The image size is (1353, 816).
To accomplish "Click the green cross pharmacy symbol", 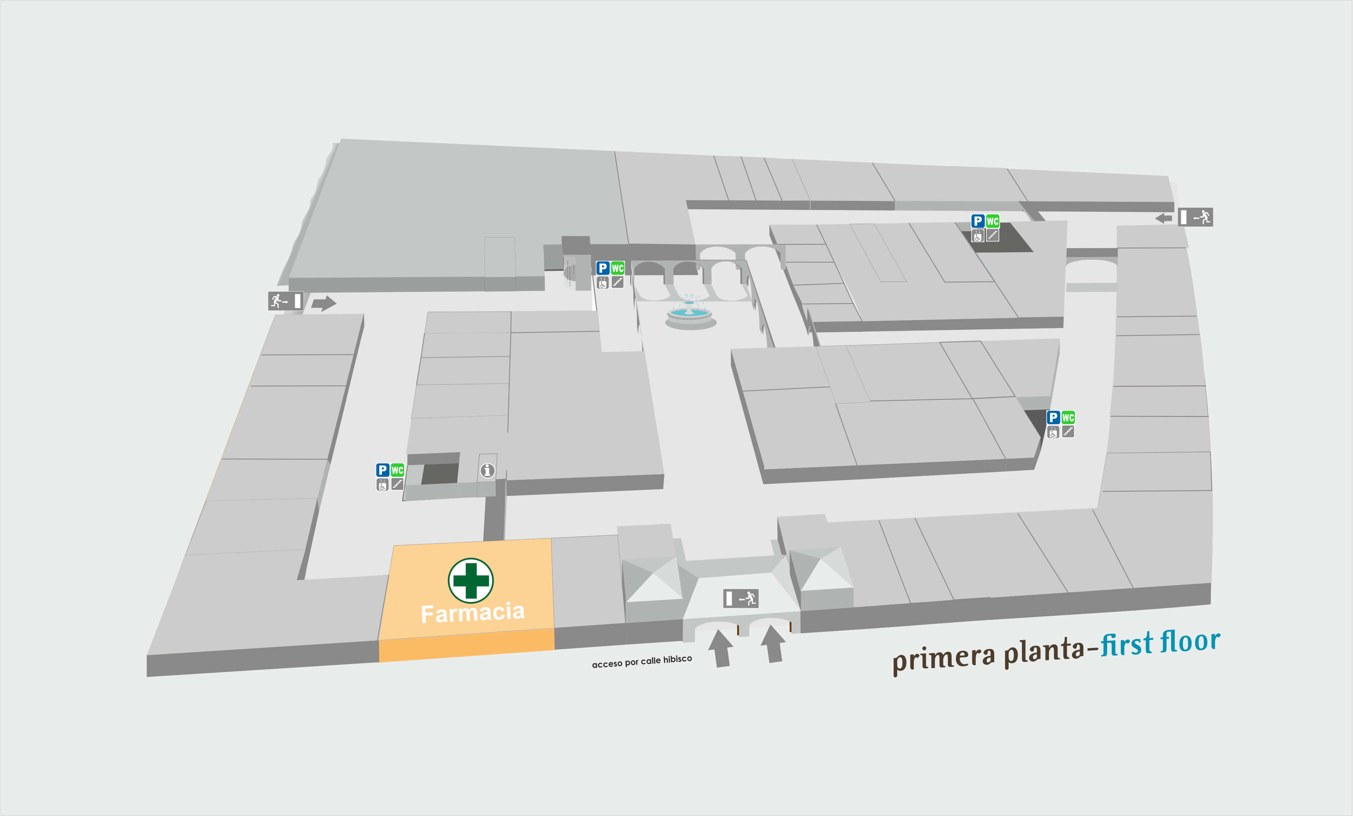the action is pyautogui.click(x=471, y=580).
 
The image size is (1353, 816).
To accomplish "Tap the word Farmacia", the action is pyautogui.click(x=473, y=612).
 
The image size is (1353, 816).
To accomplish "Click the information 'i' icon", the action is pyautogui.click(x=487, y=470).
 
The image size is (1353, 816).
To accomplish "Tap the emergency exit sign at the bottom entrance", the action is pyautogui.click(x=741, y=598).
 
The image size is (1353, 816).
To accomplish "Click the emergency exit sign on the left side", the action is pyautogui.click(x=285, y=301).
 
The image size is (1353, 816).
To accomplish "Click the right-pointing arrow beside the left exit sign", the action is pyautogui.click(x=324, y=303).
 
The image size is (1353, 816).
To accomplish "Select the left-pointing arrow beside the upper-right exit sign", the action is pyautogui.click(x=1164, y=218).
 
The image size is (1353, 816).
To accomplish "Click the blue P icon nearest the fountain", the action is pyautogui.click(x=603, y=268).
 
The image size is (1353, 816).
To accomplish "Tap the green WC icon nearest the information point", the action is pyautogui.click(x=397, y=470).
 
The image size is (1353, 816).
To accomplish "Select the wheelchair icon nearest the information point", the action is pyautogui.click(x=382, y=485).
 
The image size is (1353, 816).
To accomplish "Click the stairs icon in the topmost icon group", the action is pyautogui.click(x=992, y=235).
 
